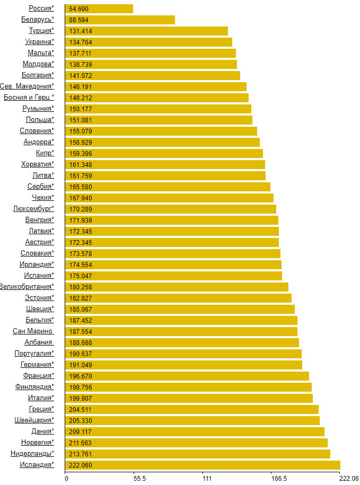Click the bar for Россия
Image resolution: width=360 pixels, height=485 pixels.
99,8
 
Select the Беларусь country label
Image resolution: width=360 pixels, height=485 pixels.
38,20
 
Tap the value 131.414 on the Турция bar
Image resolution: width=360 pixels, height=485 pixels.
81,31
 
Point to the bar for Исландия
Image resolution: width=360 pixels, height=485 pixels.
203,465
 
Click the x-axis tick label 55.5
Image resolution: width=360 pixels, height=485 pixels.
139,479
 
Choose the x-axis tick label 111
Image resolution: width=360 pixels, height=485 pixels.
207,479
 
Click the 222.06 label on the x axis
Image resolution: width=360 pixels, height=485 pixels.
349,479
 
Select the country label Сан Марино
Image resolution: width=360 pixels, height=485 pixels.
33,331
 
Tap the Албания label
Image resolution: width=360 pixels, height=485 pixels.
39,342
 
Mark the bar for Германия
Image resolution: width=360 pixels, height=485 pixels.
183,365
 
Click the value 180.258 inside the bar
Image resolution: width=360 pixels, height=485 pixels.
81,287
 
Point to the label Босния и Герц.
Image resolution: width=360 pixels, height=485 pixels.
29,98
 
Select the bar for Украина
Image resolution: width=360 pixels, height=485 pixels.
149,42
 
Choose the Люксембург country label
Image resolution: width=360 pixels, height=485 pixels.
33,209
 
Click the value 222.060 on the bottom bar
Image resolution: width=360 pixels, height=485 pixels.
81,465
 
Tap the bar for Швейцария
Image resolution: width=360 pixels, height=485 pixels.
192,421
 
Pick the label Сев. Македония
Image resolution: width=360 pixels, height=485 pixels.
27,86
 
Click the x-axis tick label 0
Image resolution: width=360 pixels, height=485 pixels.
66,479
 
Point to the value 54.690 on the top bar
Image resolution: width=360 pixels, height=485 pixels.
78,8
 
